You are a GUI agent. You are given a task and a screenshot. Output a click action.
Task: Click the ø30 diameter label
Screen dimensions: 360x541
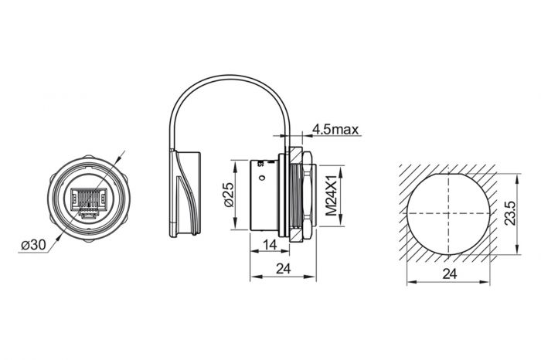coord(35,244)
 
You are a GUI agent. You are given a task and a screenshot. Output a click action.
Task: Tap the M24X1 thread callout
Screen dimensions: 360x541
coord(333,196)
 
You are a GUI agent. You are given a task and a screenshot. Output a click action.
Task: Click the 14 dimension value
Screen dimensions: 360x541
coord(270,245)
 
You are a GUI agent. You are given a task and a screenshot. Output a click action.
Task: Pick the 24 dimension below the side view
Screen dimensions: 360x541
coord(283,268)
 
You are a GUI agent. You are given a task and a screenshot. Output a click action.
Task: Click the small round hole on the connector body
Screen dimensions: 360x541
coord(264,181)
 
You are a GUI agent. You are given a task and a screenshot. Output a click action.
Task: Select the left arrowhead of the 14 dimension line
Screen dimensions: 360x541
coord(250,252)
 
